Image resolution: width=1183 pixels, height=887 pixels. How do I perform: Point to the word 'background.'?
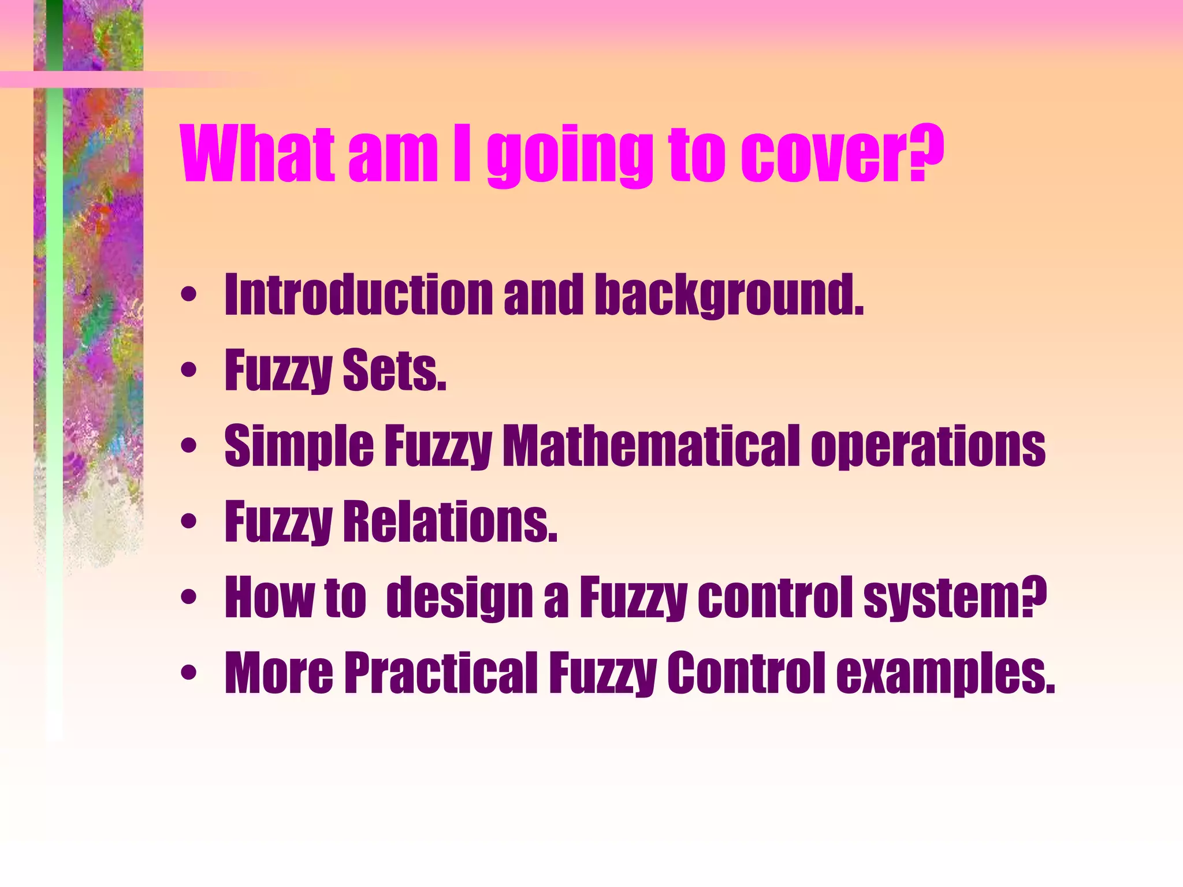(x=729, y=296)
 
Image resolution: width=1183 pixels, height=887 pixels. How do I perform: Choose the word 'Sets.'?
(x=395, y=370)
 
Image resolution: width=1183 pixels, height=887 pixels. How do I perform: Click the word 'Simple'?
(x=299, y=446)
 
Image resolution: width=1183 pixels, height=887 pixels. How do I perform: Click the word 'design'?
(x=459, y=598)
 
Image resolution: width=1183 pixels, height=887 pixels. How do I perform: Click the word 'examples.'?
(x=946, y=673)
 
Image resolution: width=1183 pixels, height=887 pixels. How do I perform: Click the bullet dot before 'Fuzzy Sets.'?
(x=188, y=370)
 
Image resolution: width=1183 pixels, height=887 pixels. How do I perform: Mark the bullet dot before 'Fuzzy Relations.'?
(x=188, y=521)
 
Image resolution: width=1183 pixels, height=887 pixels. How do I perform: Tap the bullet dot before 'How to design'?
(x=188, y=597)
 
